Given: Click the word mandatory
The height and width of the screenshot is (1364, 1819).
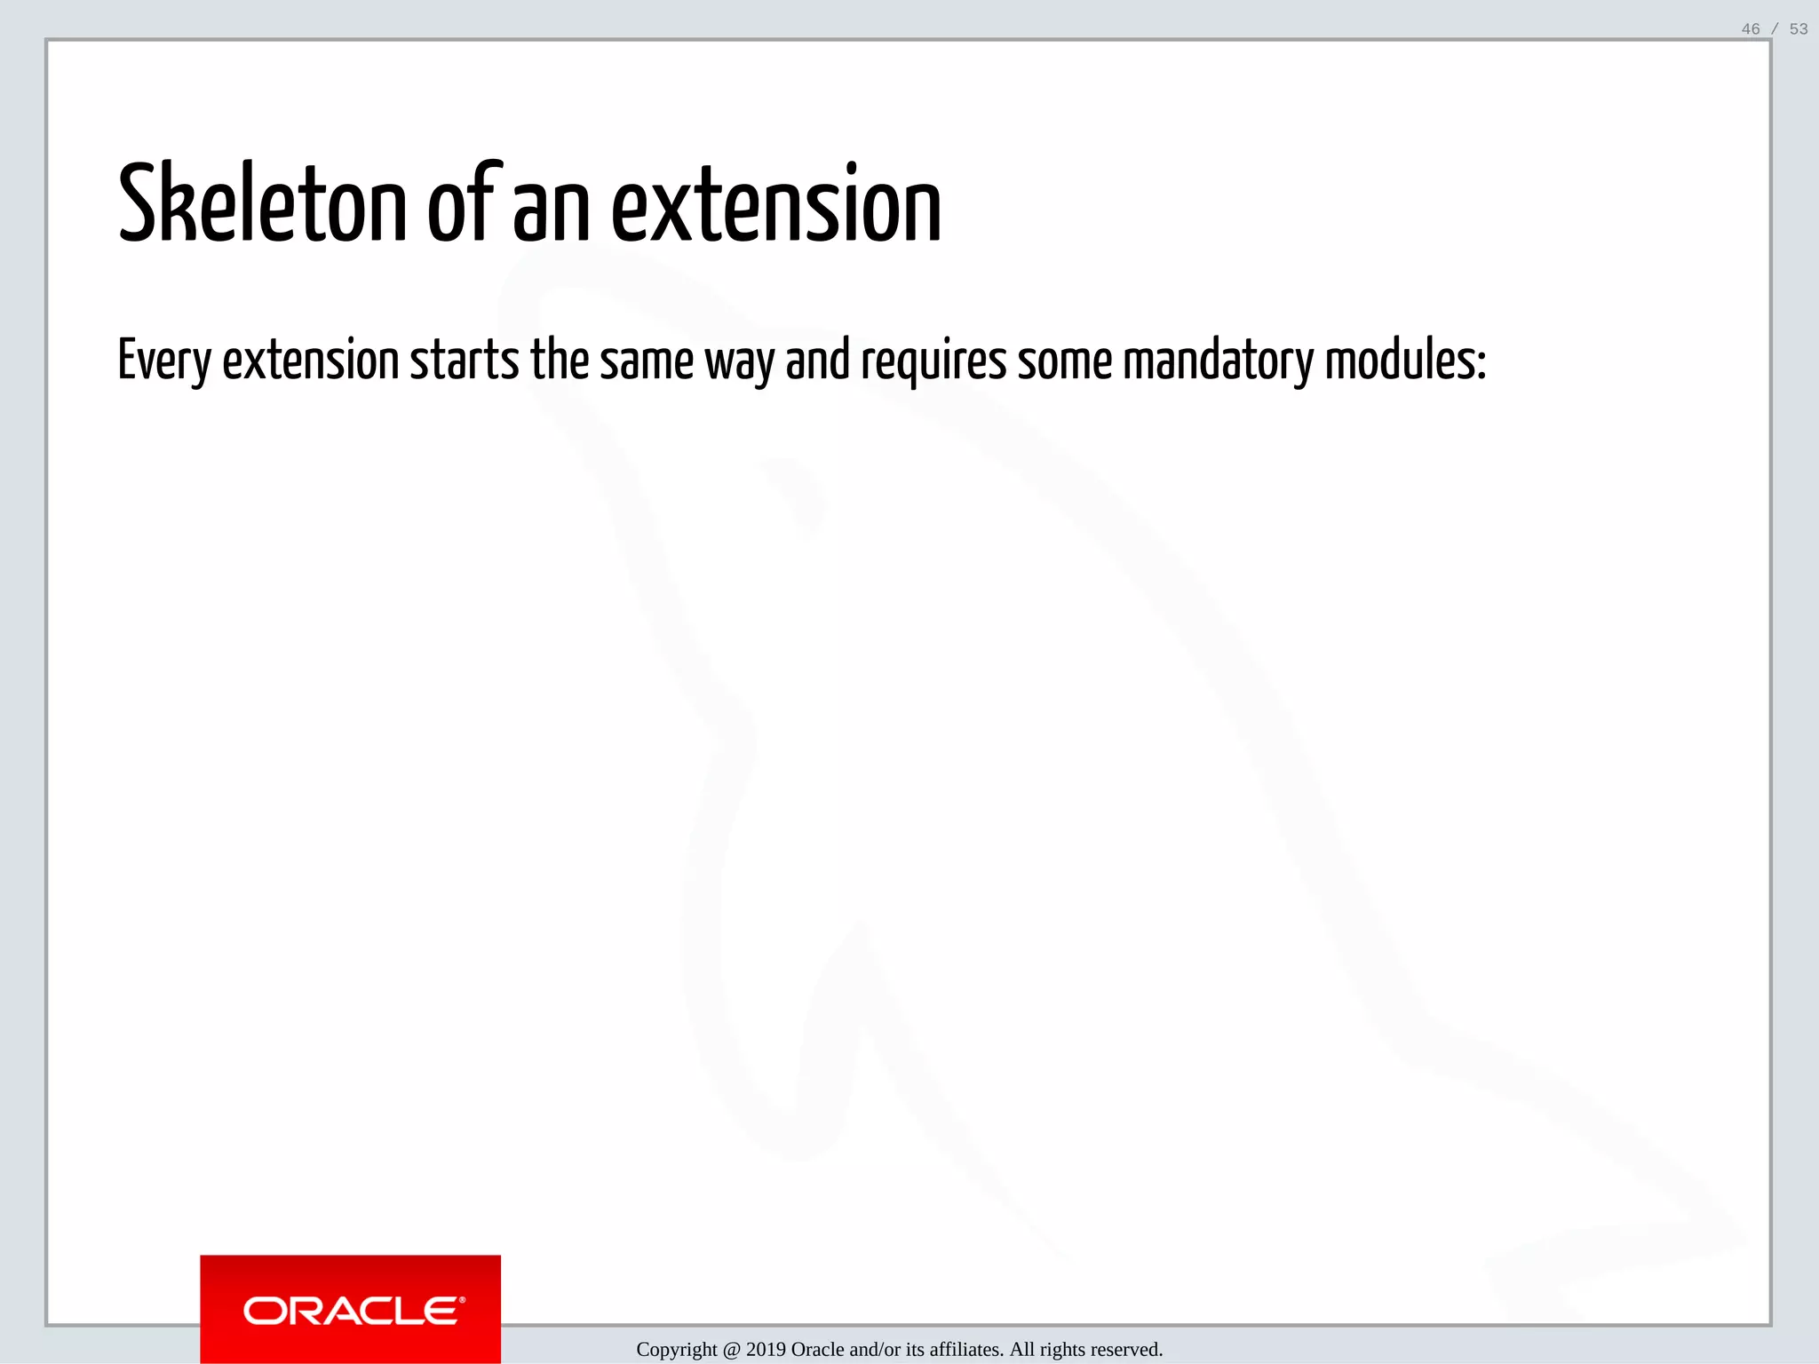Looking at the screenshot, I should click(1218, 361).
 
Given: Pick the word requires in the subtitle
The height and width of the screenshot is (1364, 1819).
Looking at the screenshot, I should click(933, 361).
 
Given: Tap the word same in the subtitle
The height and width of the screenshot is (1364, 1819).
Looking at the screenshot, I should click(646, 361).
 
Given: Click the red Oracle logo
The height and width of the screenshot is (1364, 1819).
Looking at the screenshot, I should click(350, 1309).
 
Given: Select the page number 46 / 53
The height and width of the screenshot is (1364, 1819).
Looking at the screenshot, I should click(1774, 29).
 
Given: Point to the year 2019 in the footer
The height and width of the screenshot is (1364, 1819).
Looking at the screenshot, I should click(766, 1350).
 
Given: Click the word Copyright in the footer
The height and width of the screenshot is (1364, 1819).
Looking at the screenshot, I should click(677, 1350).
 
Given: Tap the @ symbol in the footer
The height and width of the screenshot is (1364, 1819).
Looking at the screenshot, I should click(732, 1350).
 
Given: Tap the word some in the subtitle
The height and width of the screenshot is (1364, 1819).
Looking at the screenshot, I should click(1064, 361).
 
